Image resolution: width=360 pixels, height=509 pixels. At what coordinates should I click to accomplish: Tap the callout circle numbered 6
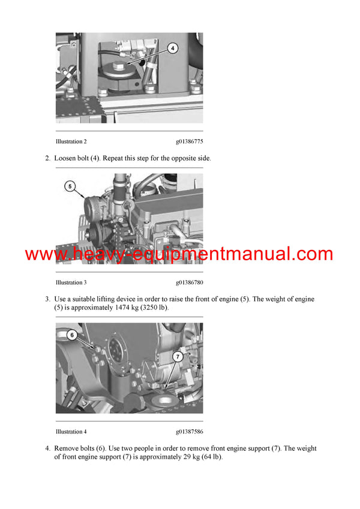pos(71,336)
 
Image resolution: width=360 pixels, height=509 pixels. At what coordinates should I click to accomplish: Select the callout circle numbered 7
pos(178,356)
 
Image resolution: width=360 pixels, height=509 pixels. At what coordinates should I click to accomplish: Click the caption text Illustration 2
pos(71,141)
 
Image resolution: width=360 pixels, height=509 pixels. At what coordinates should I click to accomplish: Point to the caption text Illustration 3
pos(71,282)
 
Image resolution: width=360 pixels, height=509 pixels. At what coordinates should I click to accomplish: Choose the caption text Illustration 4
pos(71,432)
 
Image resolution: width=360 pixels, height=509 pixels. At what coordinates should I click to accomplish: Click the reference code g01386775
pos(189,141)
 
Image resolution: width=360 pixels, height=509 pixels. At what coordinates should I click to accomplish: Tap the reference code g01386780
pos(189,282)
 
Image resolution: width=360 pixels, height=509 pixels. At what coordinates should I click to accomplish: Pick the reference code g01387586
pos(189,432)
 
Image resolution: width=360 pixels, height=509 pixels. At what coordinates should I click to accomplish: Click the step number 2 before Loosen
pos(47,158)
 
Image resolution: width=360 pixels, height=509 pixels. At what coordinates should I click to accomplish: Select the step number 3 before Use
pos(47,299)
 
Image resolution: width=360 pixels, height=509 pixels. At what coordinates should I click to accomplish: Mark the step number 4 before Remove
pos(47,448)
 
